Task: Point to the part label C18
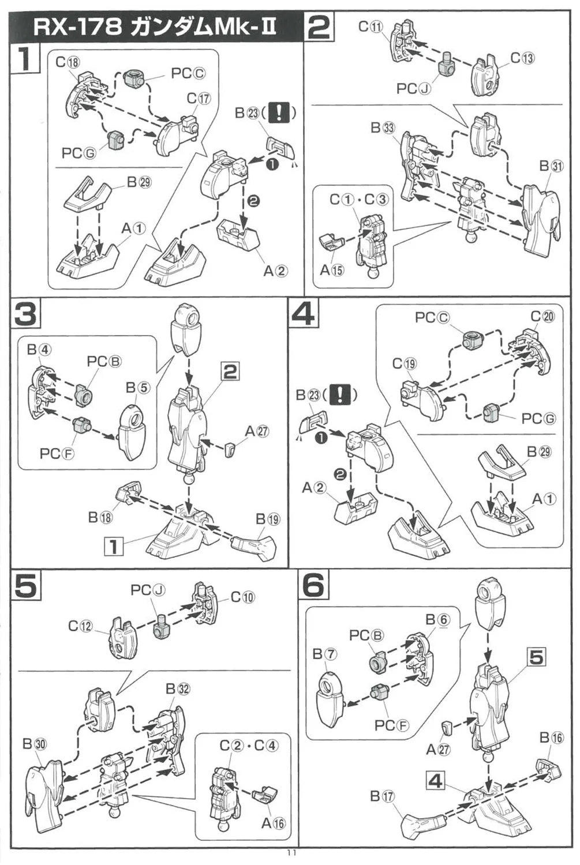click(x=68, y=62)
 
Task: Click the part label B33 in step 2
click(x=383, y=128)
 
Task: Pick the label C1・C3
click(x=359, y=200)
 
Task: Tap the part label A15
click(x=332, y=269)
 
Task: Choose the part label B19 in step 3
click(x=268, y=519)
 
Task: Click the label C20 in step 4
click(x=542, y=316)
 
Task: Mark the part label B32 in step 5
click(x=178, y=689)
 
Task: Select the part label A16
click(x=274, y=823)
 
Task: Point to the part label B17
click(x=382, y=796)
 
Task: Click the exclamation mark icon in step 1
click(x=279, y=112)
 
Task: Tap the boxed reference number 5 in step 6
click(x=536, y=656)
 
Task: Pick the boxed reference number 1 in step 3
click(x=114, y=546)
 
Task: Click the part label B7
click(x=325, y=654)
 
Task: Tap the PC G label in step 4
click(x=538, y=418)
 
